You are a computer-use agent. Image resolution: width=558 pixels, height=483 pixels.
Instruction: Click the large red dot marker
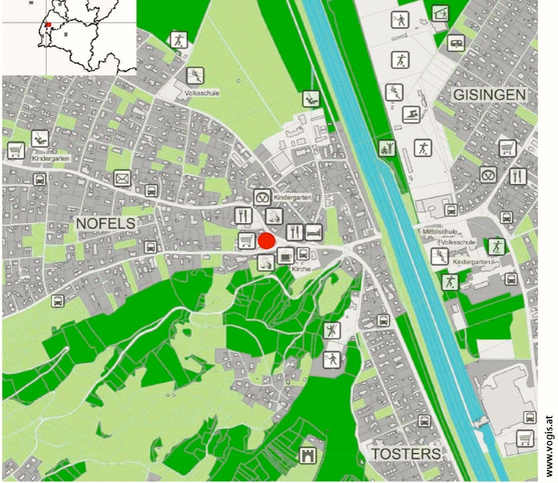267,241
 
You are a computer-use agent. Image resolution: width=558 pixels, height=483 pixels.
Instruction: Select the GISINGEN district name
489,95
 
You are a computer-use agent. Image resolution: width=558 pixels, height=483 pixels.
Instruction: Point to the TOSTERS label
405,455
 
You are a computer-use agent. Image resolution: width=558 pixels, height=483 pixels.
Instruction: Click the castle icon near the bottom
309,454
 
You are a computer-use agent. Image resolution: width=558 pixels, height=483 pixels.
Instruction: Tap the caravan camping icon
456,43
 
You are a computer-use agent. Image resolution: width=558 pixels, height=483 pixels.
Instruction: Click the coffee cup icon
285,255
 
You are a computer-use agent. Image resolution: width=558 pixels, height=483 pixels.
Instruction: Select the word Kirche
302,269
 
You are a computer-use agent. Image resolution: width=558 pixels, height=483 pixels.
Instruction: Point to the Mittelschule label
438,231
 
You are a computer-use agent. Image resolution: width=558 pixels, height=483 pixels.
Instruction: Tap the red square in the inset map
48,25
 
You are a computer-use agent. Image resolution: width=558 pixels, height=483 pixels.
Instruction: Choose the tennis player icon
400,20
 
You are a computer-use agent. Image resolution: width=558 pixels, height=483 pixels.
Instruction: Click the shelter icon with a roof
440,13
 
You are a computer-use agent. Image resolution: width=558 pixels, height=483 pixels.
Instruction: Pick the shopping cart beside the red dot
247,240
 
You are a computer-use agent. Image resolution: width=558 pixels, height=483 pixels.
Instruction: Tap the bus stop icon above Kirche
303,254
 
